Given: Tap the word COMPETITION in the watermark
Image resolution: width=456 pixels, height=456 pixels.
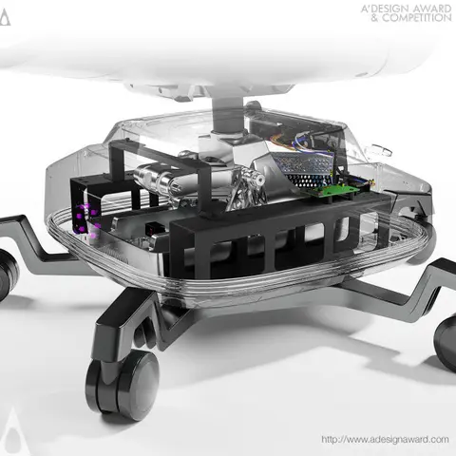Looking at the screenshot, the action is pos(417,18).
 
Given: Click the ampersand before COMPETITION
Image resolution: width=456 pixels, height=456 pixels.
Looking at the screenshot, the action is pos(375,18).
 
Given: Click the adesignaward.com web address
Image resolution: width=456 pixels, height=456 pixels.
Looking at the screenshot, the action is pos(385,440).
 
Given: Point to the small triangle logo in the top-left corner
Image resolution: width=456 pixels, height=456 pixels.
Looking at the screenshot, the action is pos(5,17).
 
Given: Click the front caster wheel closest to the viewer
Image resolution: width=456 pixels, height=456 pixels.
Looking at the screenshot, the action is pos(123,385).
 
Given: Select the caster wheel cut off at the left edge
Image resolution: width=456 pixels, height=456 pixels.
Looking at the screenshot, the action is pos(8,274).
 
